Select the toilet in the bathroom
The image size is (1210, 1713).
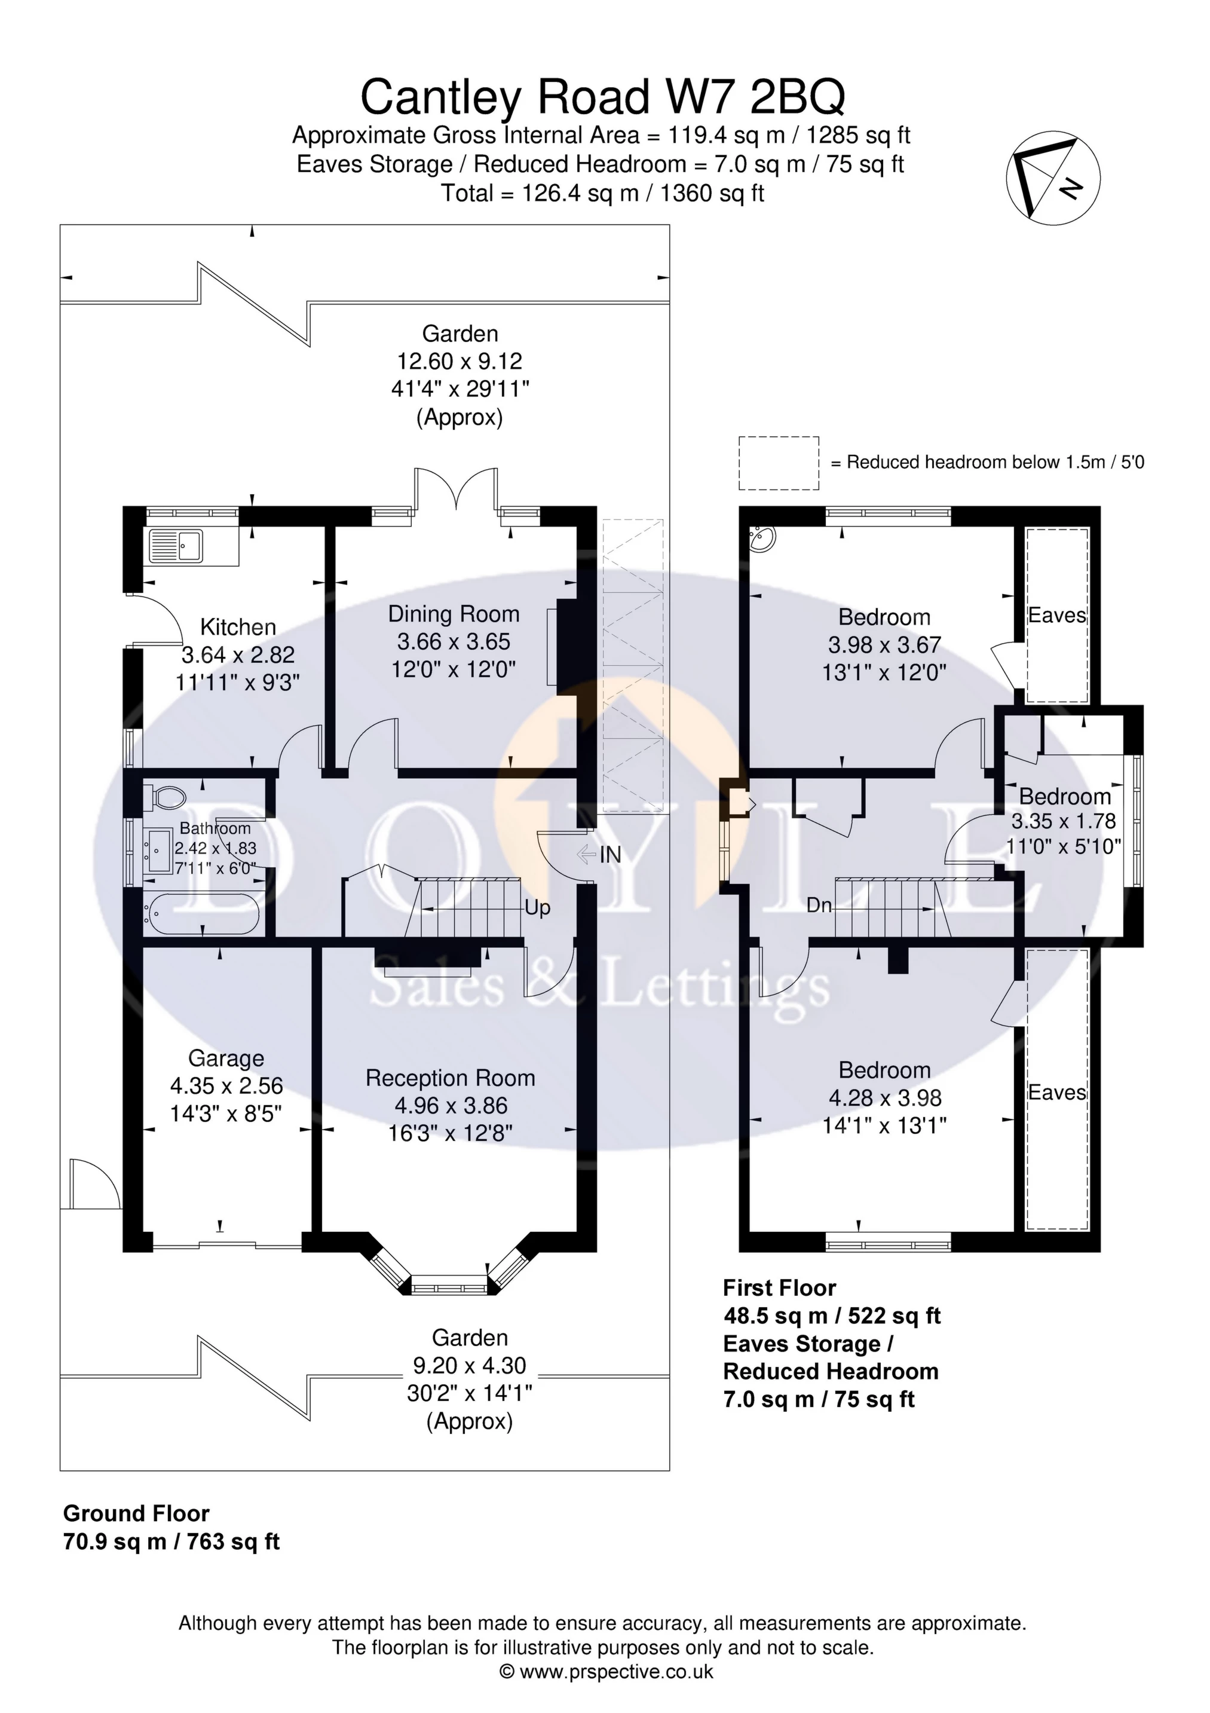pos(166,796)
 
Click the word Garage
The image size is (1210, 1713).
pos(226,1058)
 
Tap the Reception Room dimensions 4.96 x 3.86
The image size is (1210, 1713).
pos(451,1106)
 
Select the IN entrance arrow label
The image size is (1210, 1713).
pos(609,855)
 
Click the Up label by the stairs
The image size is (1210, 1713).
pos(537,907)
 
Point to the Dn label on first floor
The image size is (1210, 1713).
pos(819,906)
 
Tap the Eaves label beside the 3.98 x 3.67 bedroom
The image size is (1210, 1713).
pos(1056,616)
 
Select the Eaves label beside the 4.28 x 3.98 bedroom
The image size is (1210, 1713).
pos(1056,1092)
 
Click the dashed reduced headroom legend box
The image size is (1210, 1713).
pos(779,463)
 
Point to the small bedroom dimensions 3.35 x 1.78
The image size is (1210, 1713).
pos(1063,821)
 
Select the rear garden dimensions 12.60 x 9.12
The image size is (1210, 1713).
pos(459,361)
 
